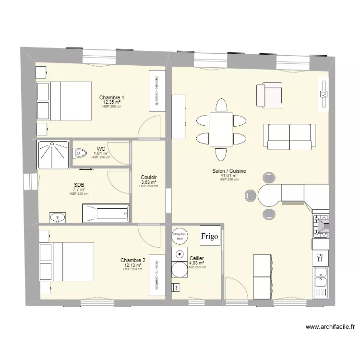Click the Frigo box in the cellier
click(x=210, y=236)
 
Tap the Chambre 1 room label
click(x=112, y=97)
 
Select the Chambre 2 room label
click(x=133, y=260)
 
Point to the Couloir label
click(x=148, y=177)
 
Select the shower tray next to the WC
click(x=52, y=154)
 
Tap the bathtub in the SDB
click(x=106, y=213)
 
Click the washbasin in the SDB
click(x=59, y=217)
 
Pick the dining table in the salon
click(x=221, y=129)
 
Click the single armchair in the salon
click(x=269, y=95)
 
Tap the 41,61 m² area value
click(x=229, y=176)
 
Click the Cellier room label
click(x=197, y=258)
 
